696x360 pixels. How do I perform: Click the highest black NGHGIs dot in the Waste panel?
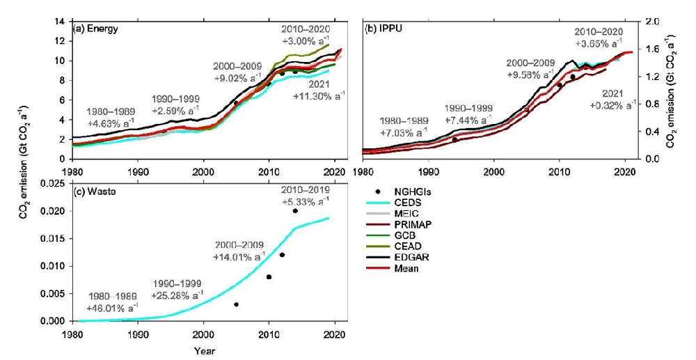pyautogui.click(x=295, y=210)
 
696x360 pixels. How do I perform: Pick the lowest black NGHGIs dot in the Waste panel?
pyautogui.click(x=236, y=304)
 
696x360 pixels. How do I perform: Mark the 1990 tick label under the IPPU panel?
pyautogui.click(x=428, y=170)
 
